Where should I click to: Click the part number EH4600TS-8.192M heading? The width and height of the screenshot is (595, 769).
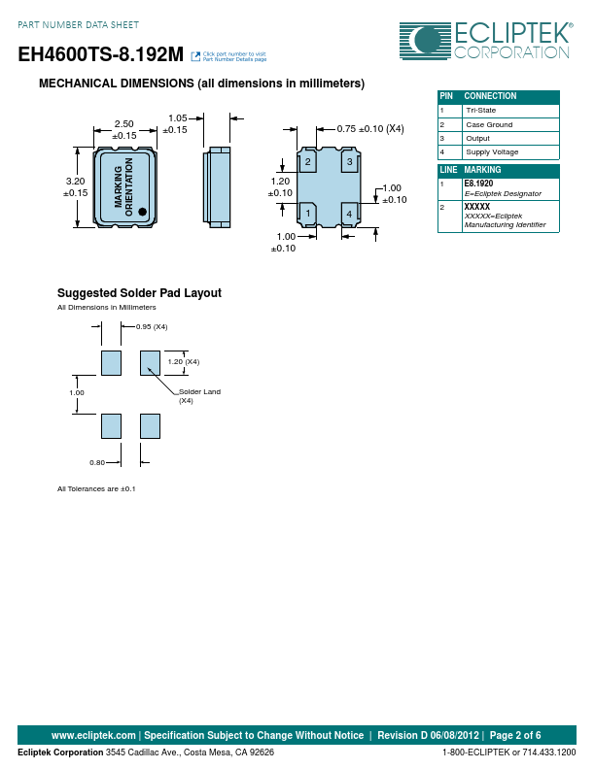point(101,54)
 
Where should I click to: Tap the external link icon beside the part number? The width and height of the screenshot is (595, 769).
point(195,56)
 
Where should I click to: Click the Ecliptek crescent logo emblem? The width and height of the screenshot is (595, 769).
point(425,41)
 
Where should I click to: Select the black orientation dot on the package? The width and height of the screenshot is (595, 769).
point(142,212)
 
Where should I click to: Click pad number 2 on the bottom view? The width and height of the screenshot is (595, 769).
point(308,161)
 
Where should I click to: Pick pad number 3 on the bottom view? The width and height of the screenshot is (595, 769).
point(350,161)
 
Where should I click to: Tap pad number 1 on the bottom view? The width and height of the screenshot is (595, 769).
point(308,214)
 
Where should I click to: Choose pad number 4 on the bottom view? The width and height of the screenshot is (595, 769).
point(350,214)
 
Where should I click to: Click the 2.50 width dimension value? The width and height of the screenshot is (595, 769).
point(124,124)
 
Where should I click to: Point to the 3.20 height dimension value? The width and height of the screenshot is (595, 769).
point(75,181)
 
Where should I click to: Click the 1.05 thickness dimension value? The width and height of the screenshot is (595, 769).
point(178,118)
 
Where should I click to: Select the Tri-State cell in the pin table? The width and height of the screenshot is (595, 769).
point(481,111)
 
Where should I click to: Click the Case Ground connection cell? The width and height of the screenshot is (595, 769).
point(489,124)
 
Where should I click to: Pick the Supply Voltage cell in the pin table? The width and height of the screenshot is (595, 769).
point(492,152)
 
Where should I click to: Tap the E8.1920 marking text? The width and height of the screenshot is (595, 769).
point(478,184)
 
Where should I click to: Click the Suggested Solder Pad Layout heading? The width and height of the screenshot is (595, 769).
point(139,293)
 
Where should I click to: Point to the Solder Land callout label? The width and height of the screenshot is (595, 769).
point(200,392)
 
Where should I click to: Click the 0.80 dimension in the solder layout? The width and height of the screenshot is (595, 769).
point(97,462)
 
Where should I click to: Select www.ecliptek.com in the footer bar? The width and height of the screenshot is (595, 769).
point(93,735)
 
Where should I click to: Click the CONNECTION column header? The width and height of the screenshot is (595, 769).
point(490,96)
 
